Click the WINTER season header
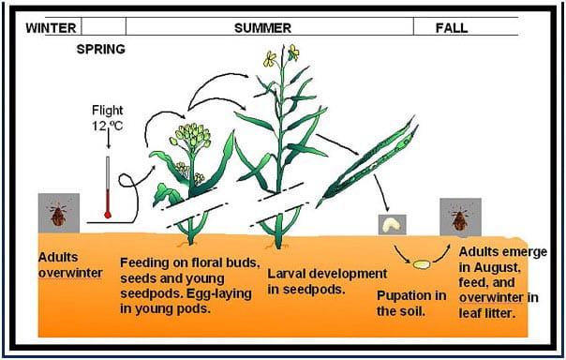click(50, 27)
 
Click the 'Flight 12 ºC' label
click(109, 117)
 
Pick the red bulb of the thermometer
click(108, 215)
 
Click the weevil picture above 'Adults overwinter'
click(59, 213)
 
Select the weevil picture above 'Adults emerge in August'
click(460, 217)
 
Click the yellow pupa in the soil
click(422, 264)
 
